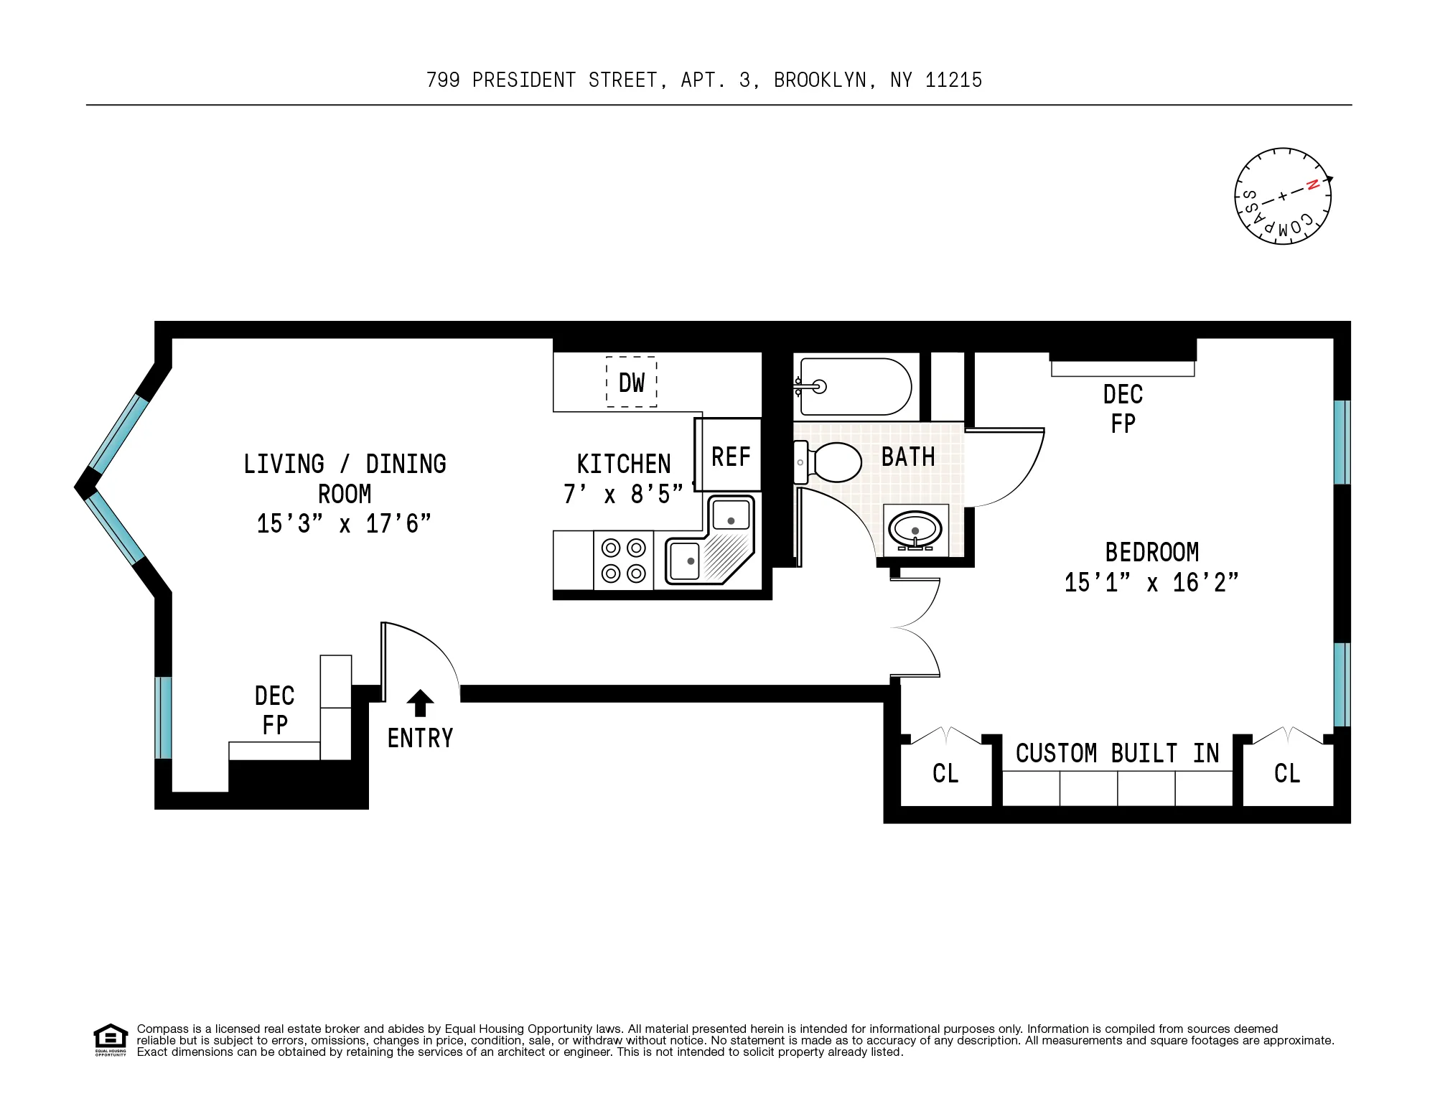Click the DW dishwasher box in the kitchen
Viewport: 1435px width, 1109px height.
tap(632, 383)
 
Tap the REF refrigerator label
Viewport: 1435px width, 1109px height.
tap(730, 457)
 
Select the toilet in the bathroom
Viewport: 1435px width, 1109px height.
tap(831, 462)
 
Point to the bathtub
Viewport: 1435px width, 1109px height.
tap(854, 387)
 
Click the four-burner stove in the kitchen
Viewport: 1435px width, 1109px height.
tap(623, 561)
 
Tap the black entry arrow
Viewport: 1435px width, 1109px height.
tap(420, 703)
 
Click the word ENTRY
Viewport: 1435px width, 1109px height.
tap(420, 739)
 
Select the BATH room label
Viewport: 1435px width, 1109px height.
tap(908, 457)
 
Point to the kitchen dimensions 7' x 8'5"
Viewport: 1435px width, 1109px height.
tap(623, 495)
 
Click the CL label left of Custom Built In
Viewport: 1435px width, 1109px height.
tap(945, 774)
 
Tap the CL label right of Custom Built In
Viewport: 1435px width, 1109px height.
tap(1286, 774)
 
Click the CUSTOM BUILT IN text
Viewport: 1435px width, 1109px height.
tap(1117, 754)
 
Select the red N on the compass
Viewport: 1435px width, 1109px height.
tap(1312, 185)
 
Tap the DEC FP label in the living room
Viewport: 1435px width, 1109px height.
tap(275, 711)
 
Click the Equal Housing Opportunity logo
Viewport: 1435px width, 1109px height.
tap(111, 1039)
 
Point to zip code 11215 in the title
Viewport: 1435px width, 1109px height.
tap(953, 80)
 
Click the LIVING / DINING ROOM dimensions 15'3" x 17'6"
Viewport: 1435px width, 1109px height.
tap(344, 524)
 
